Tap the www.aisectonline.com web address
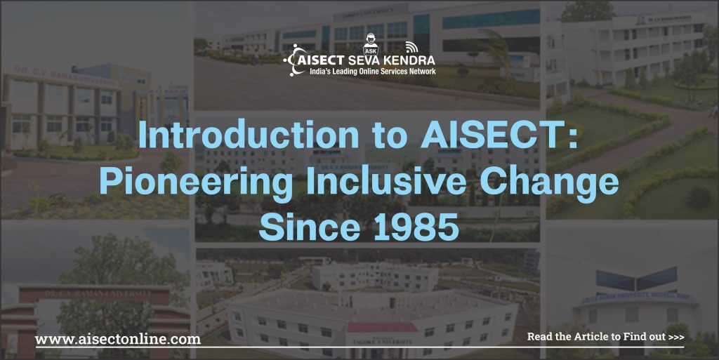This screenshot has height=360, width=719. [x=118, y=339]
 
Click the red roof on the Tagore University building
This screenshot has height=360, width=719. [x=382, y=327]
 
